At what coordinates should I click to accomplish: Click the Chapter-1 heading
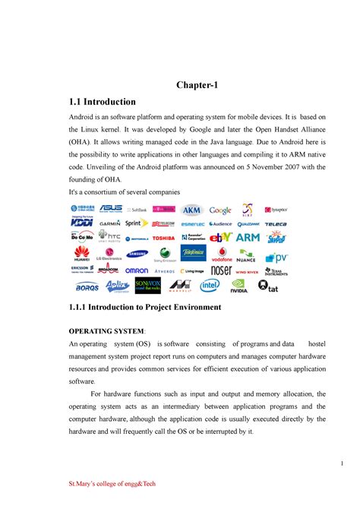click(196, 86)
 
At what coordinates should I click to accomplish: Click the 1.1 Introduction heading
click(103, 102)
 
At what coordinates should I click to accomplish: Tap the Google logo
click(221, 210)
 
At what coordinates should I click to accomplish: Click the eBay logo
click(221, 237)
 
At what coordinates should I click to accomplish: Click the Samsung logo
click(136, 254)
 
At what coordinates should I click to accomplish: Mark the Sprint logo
click(137, 223)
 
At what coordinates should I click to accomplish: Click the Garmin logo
click(109, 224)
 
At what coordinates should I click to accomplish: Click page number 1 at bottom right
click(343, 464)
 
